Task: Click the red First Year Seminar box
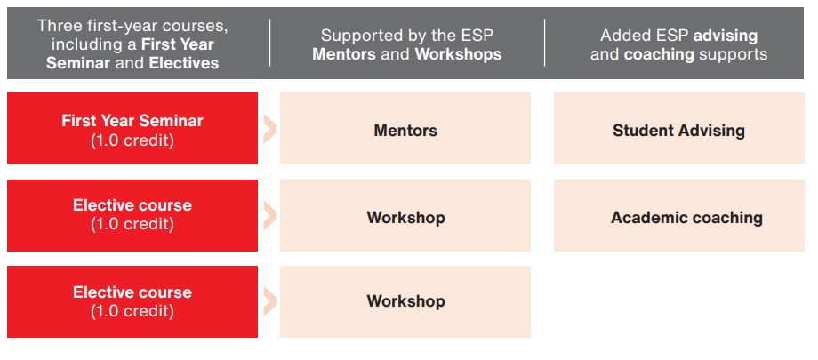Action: coord(132,128)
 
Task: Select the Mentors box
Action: coord(405,128)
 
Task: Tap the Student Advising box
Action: coord(678,128)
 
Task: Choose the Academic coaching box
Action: coord(678,215)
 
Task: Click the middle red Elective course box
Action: coord(132,215)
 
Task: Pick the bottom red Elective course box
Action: coord(132,301)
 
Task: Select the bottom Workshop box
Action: coord(405,301)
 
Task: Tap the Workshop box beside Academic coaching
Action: coord(405,215)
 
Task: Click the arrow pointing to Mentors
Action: coord(269,130)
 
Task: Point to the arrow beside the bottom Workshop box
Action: coord(269,302)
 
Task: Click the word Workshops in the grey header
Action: coord(458,54)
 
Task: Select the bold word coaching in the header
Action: coord(659,54)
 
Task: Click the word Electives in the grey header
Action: coord(184,63)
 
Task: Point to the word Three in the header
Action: coord(58,26)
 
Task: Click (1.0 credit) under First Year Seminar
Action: coord(132,140)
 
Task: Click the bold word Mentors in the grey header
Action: coord(344,54)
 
